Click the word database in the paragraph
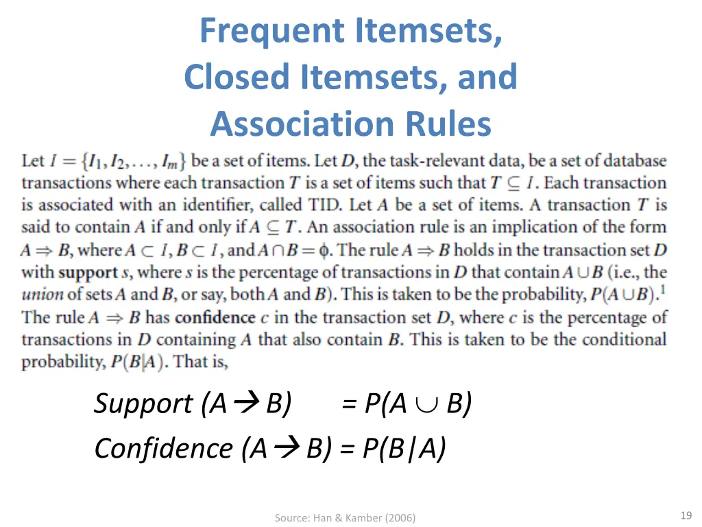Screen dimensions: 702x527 tap(636, 161)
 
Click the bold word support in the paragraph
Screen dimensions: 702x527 tap(88, 272)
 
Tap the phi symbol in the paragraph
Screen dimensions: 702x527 tap(324, 250)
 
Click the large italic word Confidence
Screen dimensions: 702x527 tap(164, 449)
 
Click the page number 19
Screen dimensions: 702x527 tap(686, 516)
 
